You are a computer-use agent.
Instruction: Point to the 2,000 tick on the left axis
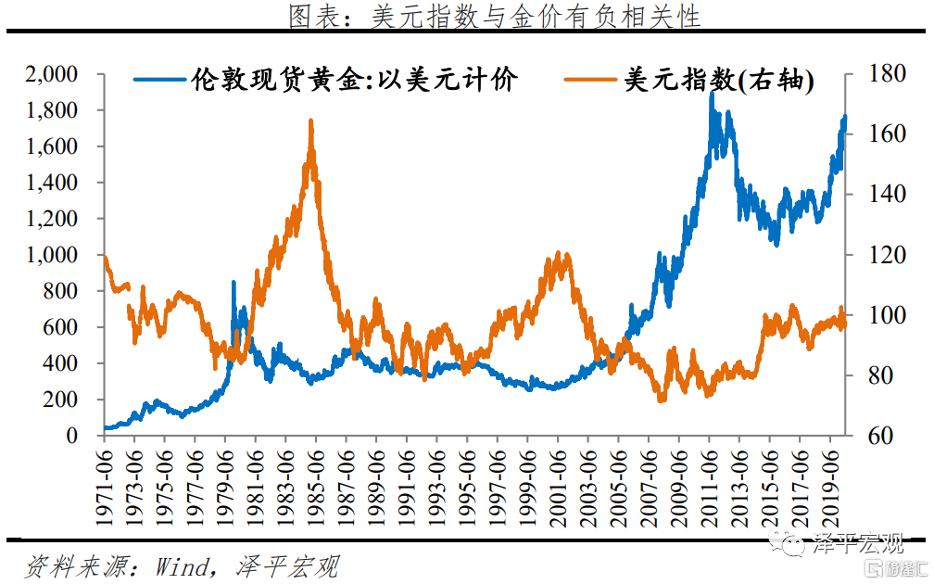pyautogui.click(x=54, y=74)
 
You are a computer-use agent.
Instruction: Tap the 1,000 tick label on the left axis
pyautogui.click(x=54, y=255)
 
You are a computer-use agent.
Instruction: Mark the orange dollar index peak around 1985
pyautogui.click(x=310, y=121)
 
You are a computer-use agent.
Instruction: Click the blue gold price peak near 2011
pyautogui.click(x=711, y=93)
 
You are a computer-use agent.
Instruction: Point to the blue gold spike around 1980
pyautogui.click(x=233, y=283)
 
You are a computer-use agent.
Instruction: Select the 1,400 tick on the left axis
pyautogui.click(x=54, y=183)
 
